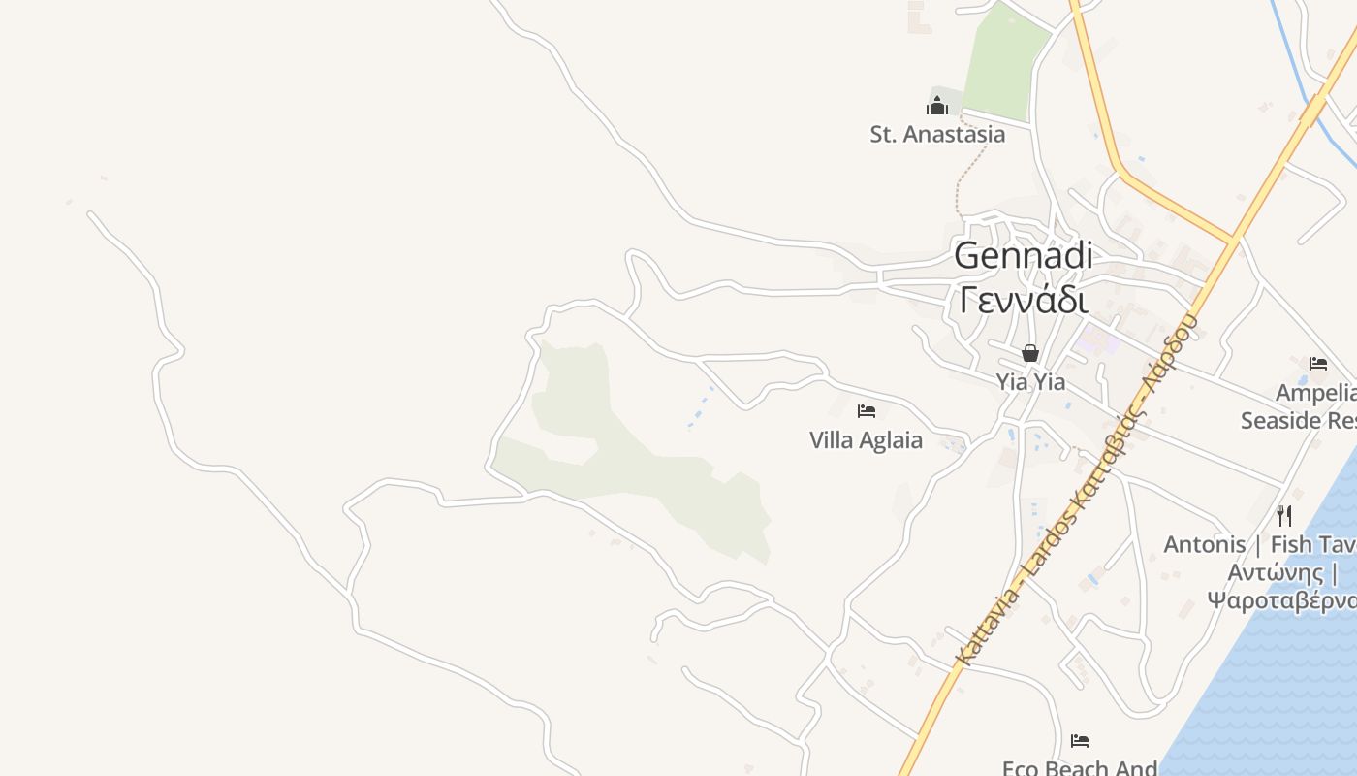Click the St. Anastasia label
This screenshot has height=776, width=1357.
tap(937, 134)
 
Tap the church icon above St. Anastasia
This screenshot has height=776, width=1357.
tap(937, 105)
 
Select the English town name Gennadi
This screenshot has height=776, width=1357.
tap(1023, 256)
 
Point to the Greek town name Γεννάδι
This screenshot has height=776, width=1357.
tap(1023, 301)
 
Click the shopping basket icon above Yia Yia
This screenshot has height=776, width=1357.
tap(1030, 353)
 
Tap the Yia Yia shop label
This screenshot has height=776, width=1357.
tap(1030, 382)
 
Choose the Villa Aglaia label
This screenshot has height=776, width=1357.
tap(866, 440)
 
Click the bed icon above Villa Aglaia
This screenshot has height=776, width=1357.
tap(867, 411)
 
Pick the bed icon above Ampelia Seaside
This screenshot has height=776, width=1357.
tap(1318, 364)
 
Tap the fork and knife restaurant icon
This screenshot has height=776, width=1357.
tap(1284, 515)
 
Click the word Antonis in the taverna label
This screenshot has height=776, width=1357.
tap(1205, 544)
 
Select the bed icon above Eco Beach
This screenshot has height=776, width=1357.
tap(1080, 741)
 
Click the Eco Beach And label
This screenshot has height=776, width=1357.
tap(1080, 767)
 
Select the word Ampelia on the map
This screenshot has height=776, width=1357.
tap(1315, 393)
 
